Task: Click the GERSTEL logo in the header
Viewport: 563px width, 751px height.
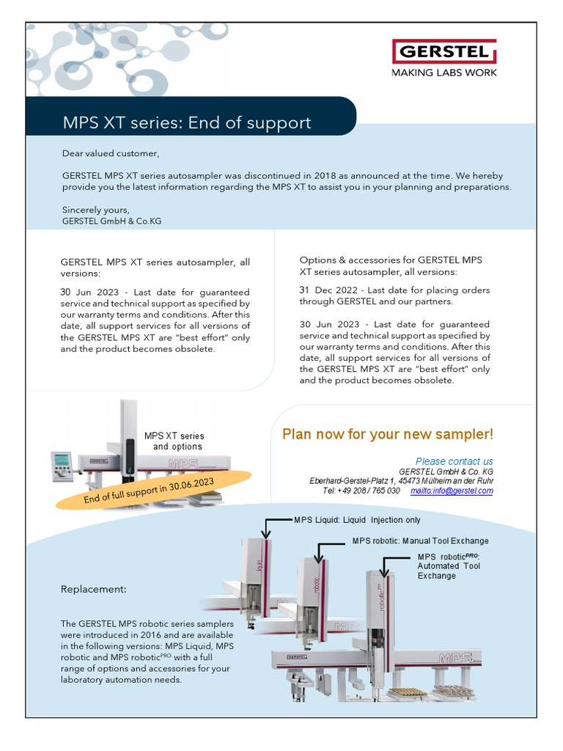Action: (x=444, y=53)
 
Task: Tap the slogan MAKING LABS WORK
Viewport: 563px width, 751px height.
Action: (x=444, y=73)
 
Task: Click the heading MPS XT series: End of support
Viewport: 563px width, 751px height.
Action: (x=187, y=122)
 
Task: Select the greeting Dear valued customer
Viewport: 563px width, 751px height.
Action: (x=111, y=153)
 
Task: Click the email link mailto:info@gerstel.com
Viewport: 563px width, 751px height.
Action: (x=452, y=491)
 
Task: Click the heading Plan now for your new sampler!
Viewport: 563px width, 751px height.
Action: (x=388, y=434)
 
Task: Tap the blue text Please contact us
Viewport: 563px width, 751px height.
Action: (x=454, y=461)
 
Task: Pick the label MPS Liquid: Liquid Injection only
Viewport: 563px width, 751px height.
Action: (x=357, y=520)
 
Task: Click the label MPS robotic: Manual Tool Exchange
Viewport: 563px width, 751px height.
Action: (x=420, y=541)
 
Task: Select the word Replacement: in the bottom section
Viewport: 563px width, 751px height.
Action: (x=93, y=589)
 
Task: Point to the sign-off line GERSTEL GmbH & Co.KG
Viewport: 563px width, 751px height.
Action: (x=111, y=221)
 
